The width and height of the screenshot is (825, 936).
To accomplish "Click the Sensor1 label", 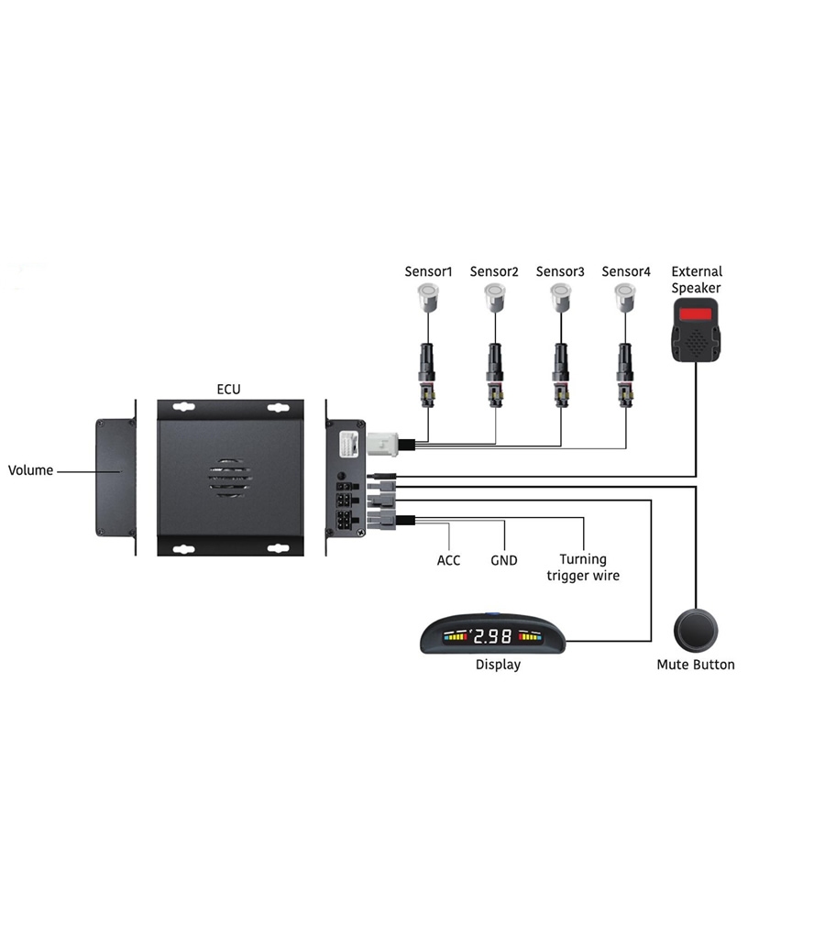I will click(x=429, y=271).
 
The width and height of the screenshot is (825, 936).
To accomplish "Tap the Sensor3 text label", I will click(x=560, y=271).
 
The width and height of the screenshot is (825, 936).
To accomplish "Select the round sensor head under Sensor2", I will click(x=495, y=294).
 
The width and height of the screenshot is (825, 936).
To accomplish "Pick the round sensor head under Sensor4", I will click(x=627, y=294).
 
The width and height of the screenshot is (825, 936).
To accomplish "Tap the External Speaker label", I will click(x=697, y=280).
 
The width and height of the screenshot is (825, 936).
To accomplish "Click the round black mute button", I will click(x=696, y=630).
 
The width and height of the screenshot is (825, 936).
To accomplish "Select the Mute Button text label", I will click(x=696, y=665).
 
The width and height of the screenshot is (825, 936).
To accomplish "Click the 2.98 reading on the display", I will click(x=493, y=635).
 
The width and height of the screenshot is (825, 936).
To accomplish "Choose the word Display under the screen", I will click(x=498, y=665).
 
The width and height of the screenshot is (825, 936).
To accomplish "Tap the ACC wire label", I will click(x=448, y=560).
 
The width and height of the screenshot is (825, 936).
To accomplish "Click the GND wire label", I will click(x=504, y=560).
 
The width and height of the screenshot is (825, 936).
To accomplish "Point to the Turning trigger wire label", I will click(x=583, y=567).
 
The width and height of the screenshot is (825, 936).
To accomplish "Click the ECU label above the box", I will click(x=228, y=389).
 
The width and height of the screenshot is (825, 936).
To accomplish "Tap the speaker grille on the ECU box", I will click(x=229, y=478).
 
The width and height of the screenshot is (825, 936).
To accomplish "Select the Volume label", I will click(x=30, y=470).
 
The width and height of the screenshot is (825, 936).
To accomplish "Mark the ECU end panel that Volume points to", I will click(x=115, y=477).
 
